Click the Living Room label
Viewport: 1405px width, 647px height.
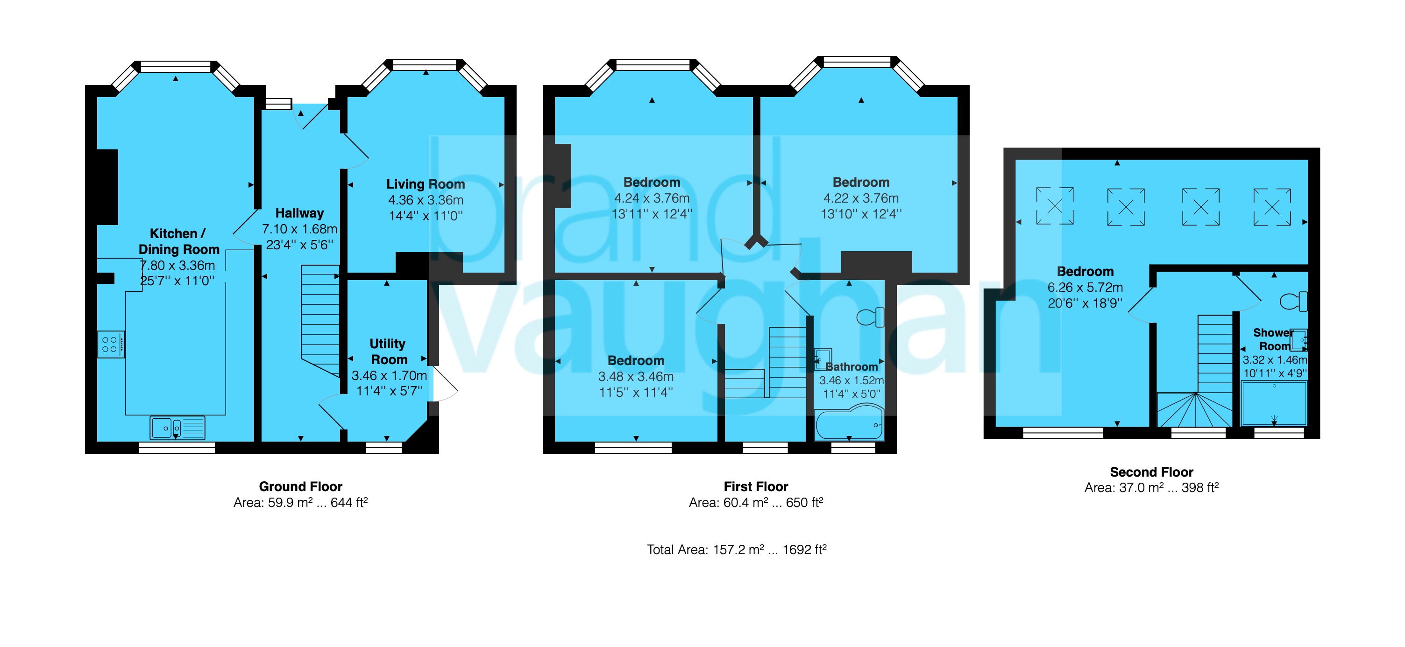click(426, 184)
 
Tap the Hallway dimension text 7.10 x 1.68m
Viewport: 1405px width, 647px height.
click(299, 229)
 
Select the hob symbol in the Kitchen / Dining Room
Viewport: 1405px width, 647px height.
click(111, 345)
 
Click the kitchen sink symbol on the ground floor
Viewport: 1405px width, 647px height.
click(177, 428)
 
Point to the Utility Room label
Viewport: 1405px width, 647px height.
click(388, 352)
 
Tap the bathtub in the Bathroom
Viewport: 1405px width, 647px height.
click(848, 425)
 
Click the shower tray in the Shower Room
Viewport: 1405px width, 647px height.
click(1274, 403)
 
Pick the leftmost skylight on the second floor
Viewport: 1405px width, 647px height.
click(1055, 206)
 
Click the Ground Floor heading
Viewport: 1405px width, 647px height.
click(300, 486)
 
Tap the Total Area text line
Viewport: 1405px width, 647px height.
click(736, 549)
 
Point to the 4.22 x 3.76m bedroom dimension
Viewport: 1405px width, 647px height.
click(861, 198)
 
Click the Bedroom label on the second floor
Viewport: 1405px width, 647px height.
click(1085, 271)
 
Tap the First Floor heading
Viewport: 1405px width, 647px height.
click(755, 486)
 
